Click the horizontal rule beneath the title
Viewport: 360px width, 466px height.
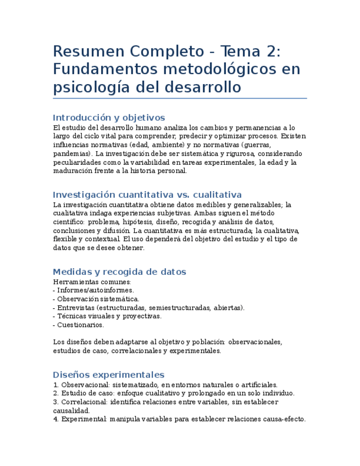coord(180,98)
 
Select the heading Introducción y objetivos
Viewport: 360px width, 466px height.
coord(109,118)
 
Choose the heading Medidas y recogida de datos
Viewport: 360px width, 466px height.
coord(119,272)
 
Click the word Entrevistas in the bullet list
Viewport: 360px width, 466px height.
coord(75,308)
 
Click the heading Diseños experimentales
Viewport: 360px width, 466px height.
coord(108,375)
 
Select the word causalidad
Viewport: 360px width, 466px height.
coord(71,410)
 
